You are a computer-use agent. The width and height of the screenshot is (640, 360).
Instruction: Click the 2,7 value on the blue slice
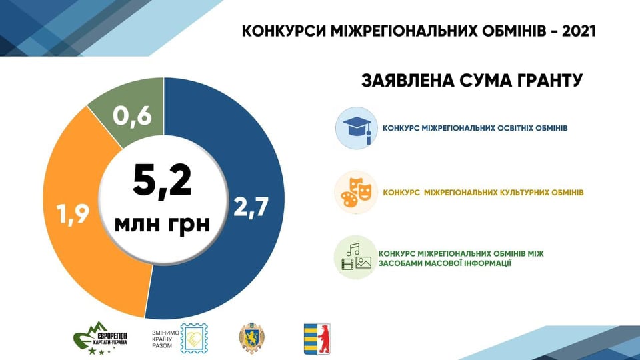(251, 207)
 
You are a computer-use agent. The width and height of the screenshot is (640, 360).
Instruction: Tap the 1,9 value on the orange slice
(73, 213)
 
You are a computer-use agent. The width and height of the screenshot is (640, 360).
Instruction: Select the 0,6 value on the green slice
(132, 116)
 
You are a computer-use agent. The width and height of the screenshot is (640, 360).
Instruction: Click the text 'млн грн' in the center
(162, 224)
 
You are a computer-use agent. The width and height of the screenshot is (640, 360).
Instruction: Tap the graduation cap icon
(356, 128)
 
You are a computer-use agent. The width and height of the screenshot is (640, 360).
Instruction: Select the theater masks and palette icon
(356, 192)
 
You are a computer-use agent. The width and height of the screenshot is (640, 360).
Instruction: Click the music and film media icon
(356, 257)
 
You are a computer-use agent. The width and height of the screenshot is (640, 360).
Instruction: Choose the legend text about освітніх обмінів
(475, 128)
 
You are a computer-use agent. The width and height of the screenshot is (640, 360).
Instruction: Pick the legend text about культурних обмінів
(483, 192)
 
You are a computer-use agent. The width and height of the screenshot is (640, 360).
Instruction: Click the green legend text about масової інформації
(461, 259)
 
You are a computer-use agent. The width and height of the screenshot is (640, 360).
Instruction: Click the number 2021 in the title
(579, 31)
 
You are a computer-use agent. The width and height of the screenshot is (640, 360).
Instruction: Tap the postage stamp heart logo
(194, 339)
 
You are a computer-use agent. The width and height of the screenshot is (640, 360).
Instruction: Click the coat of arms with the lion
(251, 339)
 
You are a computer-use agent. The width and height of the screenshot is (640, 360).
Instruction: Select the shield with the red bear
(317, 339)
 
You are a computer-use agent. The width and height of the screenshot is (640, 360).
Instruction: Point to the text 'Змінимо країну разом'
(165, 339)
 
